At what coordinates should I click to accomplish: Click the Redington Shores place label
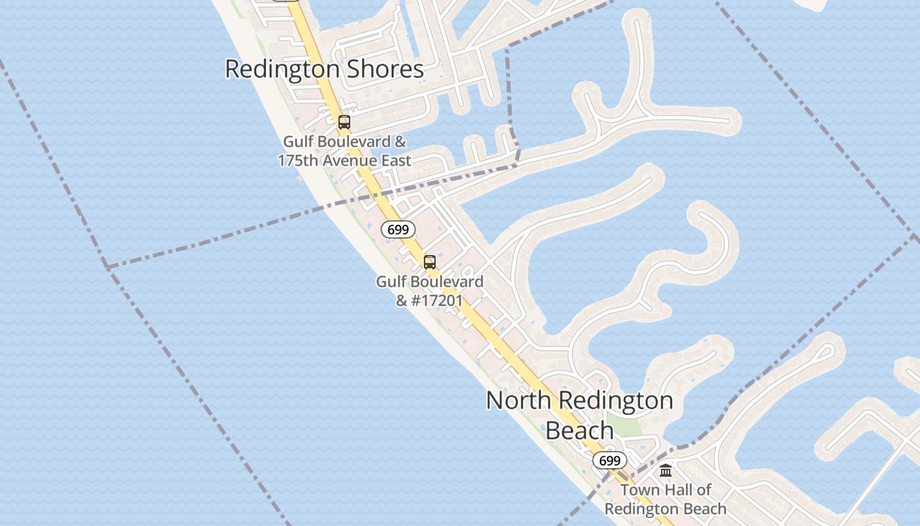coord(324,69)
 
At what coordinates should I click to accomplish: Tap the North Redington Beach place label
coord(580,414)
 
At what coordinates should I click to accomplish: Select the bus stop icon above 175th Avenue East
coord(344,122)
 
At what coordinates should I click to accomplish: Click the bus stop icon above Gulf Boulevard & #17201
coord(429,262)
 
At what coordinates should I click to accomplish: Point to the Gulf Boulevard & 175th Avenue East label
coord(344,151)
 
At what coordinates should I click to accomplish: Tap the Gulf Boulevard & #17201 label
coord(429,291)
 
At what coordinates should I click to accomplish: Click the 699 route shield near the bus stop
coord(398,229)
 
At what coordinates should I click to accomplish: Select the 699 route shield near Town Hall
coord(609,460)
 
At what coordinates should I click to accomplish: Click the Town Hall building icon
coord(666,471)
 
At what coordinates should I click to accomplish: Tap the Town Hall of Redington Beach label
coord(665,500)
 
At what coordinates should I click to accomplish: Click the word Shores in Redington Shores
coord(387,69)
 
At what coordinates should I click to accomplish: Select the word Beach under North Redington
coord(580,431)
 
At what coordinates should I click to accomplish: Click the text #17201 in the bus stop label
coord(438,300)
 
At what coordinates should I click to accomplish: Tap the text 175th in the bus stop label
coord(296,161)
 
